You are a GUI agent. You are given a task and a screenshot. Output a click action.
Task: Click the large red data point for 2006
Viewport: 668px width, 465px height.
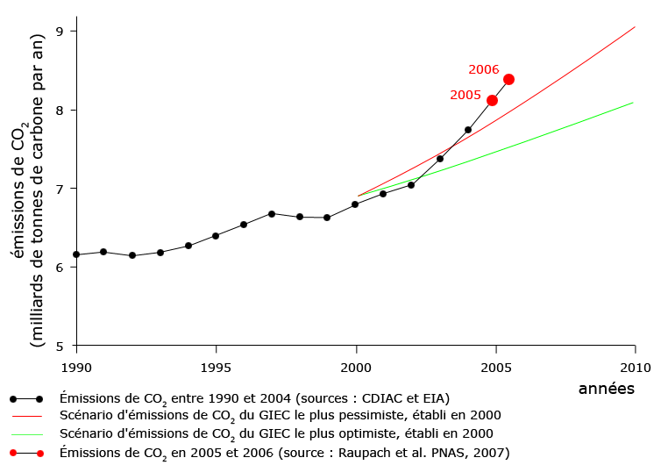point(508,79)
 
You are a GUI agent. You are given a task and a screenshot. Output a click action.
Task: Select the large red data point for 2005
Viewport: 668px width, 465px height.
point(492,100)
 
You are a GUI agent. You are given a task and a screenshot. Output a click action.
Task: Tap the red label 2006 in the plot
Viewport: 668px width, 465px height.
point(484,69)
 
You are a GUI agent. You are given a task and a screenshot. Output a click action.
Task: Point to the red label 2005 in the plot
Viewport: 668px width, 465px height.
point(465,95)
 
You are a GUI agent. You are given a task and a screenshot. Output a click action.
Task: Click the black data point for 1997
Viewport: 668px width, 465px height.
point(272,213)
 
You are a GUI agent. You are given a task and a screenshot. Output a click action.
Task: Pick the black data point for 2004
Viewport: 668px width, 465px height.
point(468,130)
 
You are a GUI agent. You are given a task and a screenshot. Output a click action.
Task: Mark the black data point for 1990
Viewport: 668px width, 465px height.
point(76,254)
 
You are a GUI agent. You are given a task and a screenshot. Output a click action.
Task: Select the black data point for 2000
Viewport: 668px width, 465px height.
point(355,204)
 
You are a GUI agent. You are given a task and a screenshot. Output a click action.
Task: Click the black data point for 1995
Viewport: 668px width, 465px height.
point(216,236)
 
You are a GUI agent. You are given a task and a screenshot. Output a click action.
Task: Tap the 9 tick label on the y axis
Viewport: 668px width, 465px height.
point(61,32)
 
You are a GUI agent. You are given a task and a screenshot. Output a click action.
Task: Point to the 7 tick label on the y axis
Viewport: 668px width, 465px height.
point(61,189)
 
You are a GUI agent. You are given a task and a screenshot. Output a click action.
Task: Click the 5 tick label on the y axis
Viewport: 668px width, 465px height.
point(61,346)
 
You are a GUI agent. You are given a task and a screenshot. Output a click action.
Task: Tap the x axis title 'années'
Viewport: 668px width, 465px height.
point(607,387)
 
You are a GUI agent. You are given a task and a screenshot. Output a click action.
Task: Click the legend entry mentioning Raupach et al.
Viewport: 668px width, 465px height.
point(284,453)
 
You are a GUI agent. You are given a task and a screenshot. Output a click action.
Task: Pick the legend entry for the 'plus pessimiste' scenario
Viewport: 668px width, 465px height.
point(281,415)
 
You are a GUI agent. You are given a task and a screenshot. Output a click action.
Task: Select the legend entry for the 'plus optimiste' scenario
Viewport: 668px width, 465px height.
point(277,433)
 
